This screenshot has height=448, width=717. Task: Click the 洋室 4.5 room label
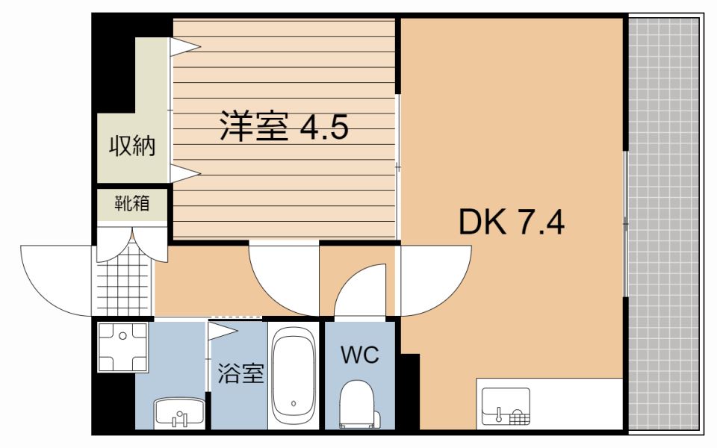284,127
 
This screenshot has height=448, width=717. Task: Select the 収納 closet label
133,146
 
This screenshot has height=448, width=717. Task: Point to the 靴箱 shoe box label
131,202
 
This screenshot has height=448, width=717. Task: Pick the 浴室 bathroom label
240,373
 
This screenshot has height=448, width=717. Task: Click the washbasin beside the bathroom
179,413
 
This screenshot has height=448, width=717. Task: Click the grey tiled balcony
664,224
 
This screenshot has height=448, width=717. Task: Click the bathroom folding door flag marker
223,329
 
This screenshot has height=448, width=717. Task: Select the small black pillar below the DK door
409,392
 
